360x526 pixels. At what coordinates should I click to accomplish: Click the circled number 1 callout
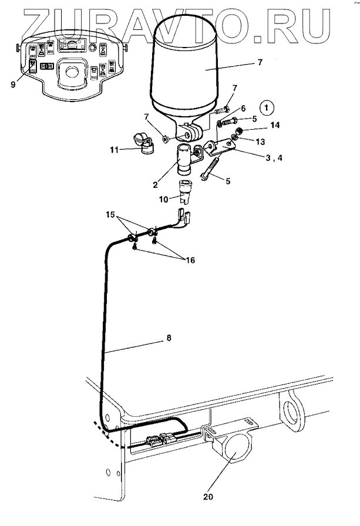[267, 108]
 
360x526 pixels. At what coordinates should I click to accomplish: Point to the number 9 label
[13, 84]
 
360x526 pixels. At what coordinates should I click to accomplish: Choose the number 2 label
[155, 183]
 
